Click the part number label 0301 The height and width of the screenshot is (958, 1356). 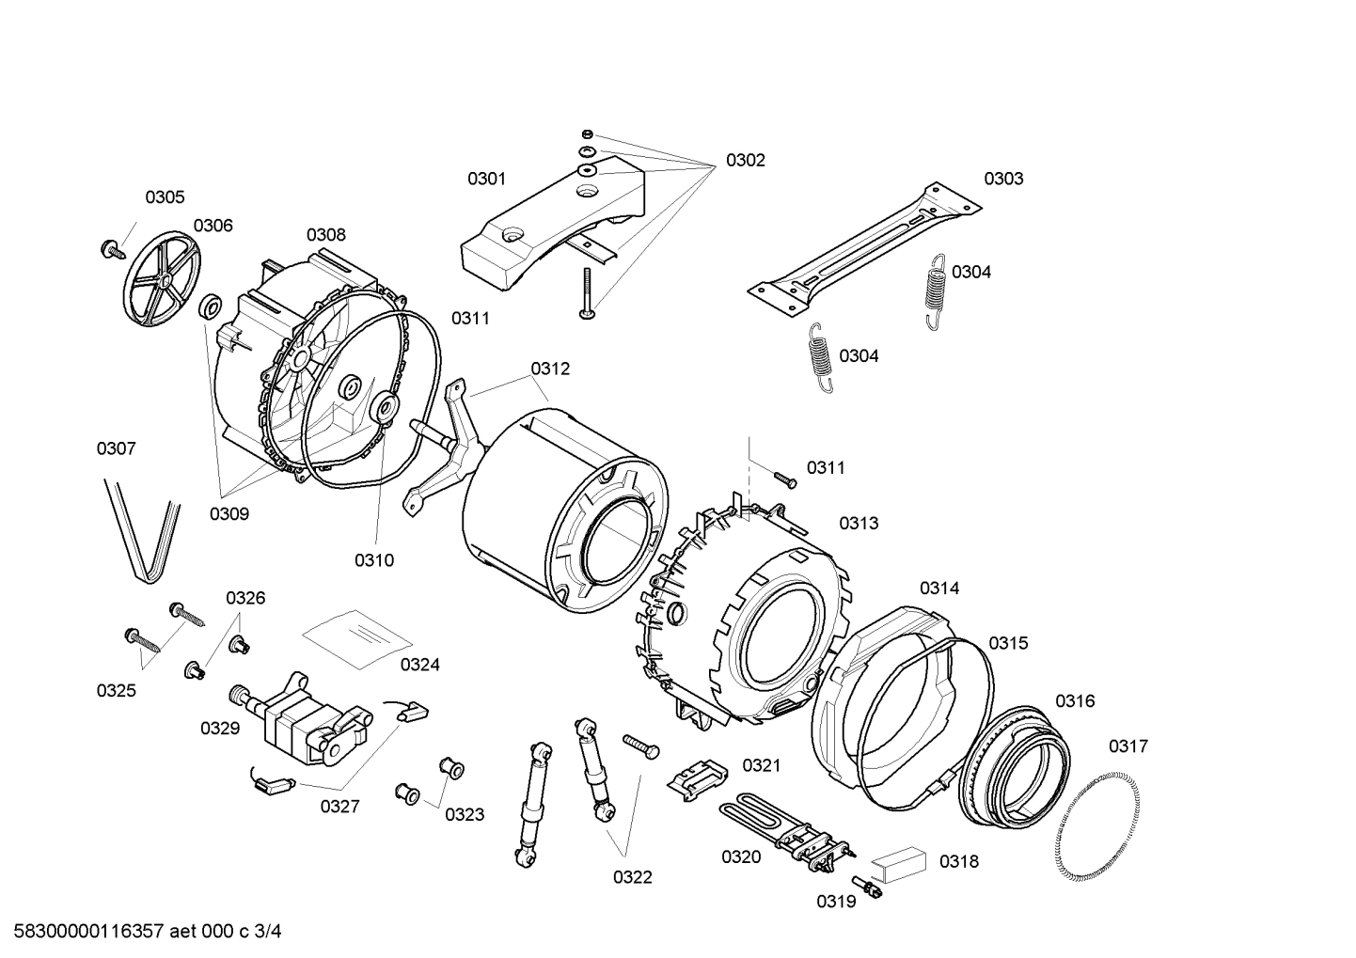pos(486,179)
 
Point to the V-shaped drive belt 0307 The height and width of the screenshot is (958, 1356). pos(141,531)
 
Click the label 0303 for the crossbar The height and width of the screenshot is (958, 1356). pos(1003,179)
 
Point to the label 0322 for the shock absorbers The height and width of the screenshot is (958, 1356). pos(633,877)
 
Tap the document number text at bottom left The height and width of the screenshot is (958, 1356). pos(142,932)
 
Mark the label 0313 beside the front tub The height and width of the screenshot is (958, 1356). pos(859,524)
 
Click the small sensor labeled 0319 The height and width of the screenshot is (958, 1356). pos(864,886)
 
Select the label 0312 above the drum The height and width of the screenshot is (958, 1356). pos(550,369)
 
